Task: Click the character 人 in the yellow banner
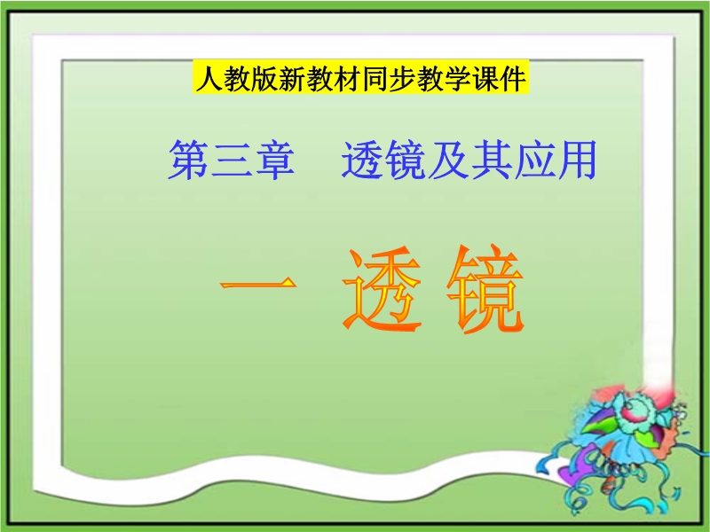coord(209,78)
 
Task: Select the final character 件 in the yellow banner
coord(514,78)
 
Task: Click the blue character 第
coord(189,160)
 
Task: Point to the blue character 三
coord(232,160)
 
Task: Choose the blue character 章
coord(275,160)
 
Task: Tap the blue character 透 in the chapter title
coord(362,160)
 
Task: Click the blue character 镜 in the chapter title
coord(406,160)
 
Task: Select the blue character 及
coord(448,160)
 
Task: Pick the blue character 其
coord(491,160)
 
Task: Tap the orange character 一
coord(258,284)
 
